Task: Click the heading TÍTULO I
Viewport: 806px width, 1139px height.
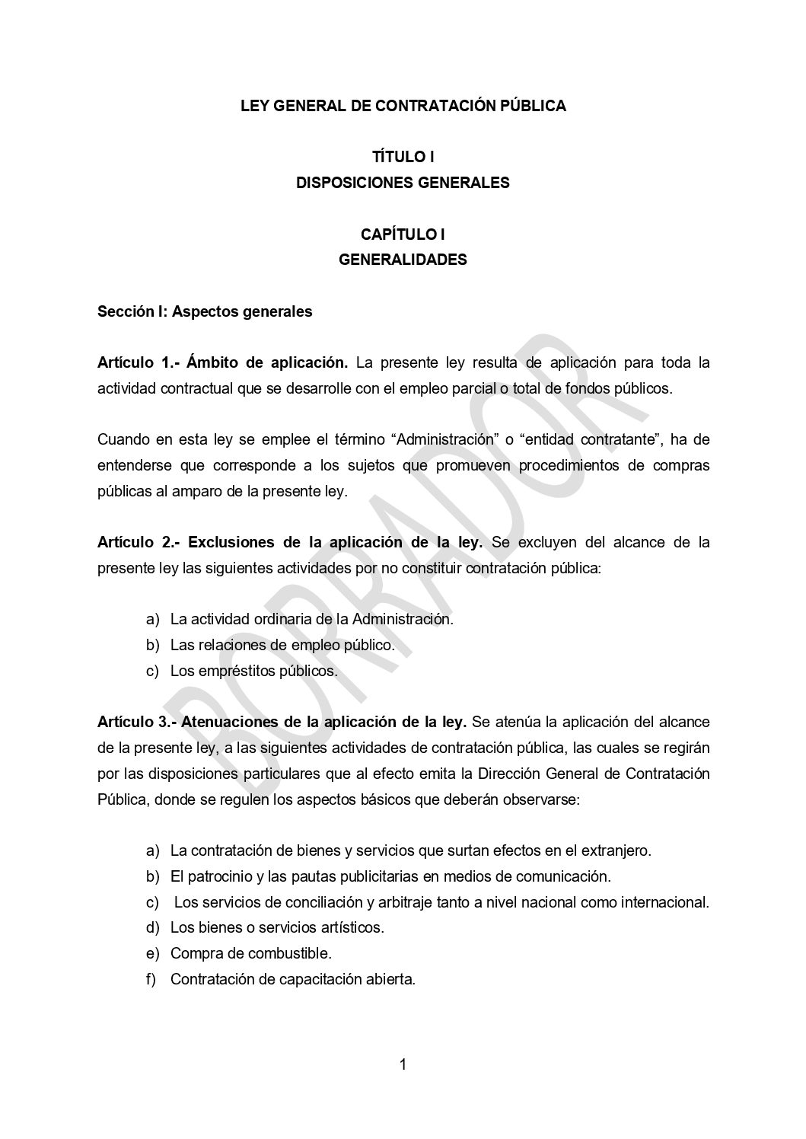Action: click(403, 157)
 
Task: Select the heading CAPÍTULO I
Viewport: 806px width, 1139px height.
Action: click(403, 234)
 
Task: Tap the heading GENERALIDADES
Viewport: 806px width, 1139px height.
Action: click(403, 260)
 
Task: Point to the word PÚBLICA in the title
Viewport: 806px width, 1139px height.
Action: click(532, 106)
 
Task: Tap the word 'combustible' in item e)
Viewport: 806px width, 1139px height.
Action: click(294, 953)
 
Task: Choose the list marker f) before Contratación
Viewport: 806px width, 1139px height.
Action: click(151, 979)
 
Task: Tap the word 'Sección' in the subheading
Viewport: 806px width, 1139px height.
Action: click(124, 311)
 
